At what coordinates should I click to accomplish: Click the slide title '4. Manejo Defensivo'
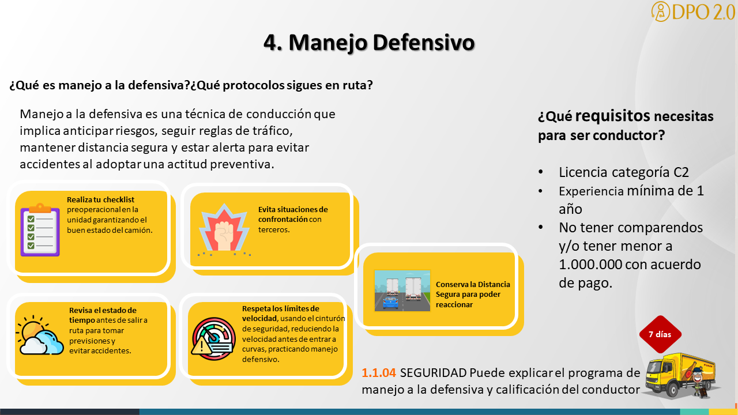click(369, 43)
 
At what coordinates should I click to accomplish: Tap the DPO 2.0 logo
click(694, 12)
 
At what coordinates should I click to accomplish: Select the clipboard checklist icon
click(40, 230)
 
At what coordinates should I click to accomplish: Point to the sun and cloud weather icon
click(40, 335)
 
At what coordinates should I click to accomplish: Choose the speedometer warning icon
click(213, 338)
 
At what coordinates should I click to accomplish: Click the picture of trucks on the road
click(402, 290)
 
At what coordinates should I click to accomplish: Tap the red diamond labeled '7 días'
click(660, 334)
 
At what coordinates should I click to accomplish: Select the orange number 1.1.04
click(379, 373)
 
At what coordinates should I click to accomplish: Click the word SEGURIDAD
click(433, 373)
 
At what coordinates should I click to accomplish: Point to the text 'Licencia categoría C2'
click(624, 172)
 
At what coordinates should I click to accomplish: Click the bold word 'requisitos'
click(612, 116)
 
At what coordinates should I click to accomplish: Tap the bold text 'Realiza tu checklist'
click(100, 199)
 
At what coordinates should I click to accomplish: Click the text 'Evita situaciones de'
click(293, 209)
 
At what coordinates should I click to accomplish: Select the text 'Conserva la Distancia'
click(473, 284)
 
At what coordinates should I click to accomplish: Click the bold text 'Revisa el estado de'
click(103, 310)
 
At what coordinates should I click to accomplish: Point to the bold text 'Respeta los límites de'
click(281, 308)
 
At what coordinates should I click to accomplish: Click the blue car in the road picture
click(390, 303)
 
